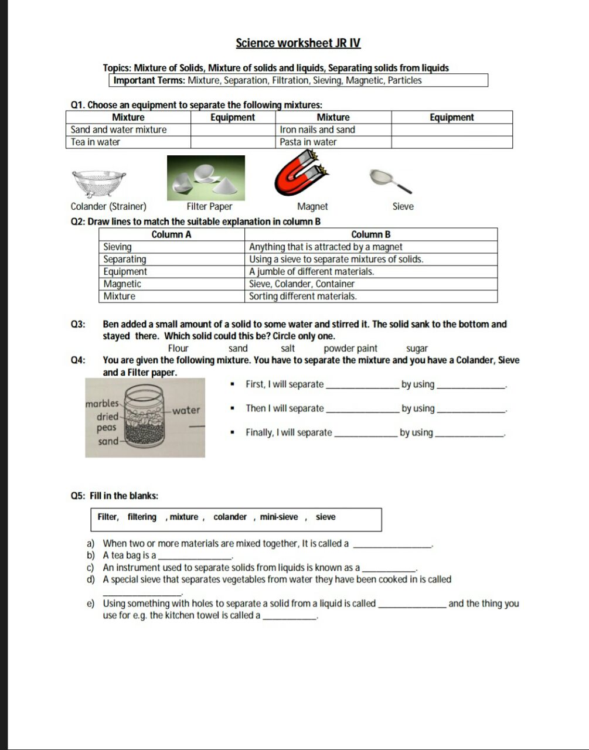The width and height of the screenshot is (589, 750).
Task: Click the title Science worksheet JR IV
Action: [x=298, y=43]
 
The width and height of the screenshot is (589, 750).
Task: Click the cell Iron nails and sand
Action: [x=317, y=129]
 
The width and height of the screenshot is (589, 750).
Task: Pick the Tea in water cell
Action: [x=96, y=142]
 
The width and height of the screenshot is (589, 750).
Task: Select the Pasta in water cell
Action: [x=308, y=142]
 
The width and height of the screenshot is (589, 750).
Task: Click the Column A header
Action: [x=171, y=234]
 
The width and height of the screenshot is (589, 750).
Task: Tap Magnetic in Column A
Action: [x=122, y=284]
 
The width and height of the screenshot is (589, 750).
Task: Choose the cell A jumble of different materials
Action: [x=311, y=271]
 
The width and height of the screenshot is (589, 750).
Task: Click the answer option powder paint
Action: [x=350, y=348]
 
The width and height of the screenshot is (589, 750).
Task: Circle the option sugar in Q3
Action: [x=417, y=348]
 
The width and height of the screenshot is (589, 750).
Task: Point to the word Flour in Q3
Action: [x=178, y=348]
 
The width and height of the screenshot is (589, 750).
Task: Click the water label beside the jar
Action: [x=186, y=410]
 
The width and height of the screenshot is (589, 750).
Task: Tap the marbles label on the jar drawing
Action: [x=101, y=404]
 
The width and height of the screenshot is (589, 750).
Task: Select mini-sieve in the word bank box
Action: [x=279, y=517]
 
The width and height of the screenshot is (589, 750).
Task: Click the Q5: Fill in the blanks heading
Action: [x=114, y=496]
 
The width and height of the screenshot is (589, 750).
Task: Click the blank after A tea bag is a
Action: [x=196, y=555]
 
